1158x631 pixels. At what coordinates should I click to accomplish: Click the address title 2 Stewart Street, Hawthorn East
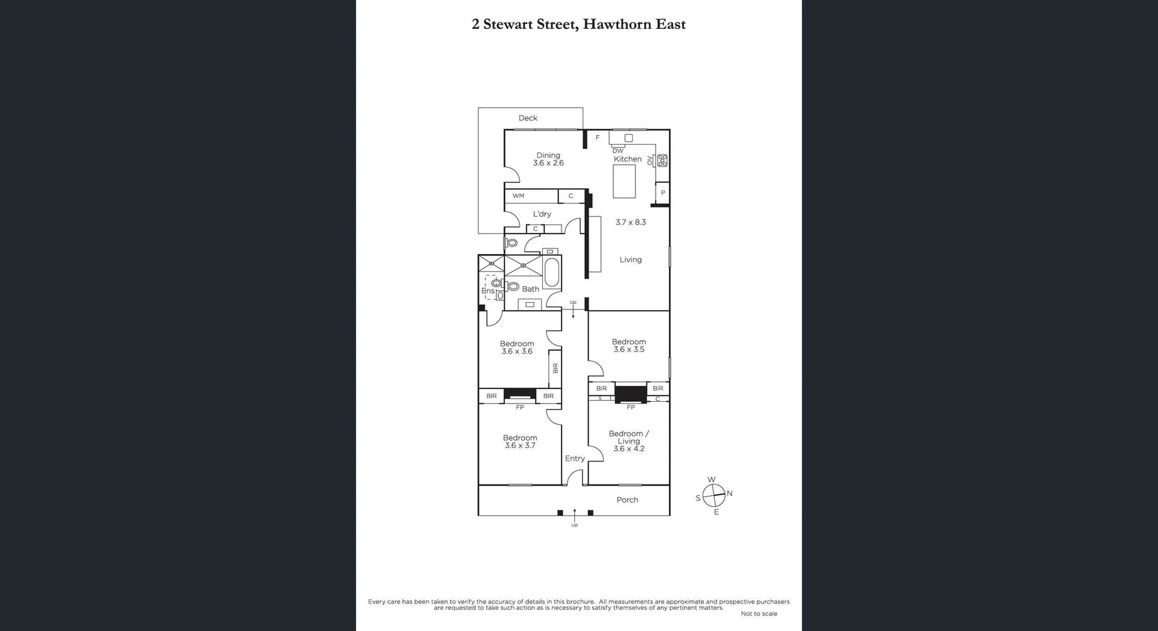pyautogui.click(x=578, y=24)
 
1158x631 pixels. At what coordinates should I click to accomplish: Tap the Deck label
pyautogui.click(x=528, y=118)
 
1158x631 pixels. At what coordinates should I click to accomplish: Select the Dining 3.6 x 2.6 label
pyautogui.click(x=548, y=159)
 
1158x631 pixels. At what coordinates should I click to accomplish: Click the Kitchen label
pyautogui.click(x=627, y=159)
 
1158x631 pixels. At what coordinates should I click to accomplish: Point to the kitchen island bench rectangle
pyautogui.click(x=624, y=182)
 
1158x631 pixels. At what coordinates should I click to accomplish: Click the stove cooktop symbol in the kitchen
pyautogui.click(x=662, y=160)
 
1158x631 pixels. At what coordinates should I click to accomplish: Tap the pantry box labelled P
pyautogui.click(x=662, y=193)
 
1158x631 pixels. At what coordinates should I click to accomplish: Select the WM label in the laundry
pyautogui.click(x=518, y=196)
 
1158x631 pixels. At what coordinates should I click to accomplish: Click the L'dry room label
pyautogui.click(x=542, y=214)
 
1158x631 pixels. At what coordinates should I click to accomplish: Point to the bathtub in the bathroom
pyautogui.click(x=551, y=272)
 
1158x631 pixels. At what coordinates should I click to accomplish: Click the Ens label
pyautogui.click(x=487, y=291)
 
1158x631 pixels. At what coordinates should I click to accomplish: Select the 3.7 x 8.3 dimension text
pyautogui.click(x=630, y=222)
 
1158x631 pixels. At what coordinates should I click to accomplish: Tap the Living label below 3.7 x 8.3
pyautogui.click(x=630, y=260)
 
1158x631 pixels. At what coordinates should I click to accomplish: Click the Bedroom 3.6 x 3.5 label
pyautogui.click(x=628, y=346)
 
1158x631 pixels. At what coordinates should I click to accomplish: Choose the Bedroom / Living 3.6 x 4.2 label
pyautogui.click(x=628, y=441)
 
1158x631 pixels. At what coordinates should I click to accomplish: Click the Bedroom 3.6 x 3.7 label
pyautogui.click(x=519, y=442)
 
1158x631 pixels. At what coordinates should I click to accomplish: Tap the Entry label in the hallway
pyautogui.click(x=575, y=458)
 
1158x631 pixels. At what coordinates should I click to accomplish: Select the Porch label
pyautogui.click(x=627, y=500)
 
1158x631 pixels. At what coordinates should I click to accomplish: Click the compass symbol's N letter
pyautogui.click(x=730, y=493)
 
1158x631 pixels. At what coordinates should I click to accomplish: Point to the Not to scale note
pyautogui.click(x=759, y=614)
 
